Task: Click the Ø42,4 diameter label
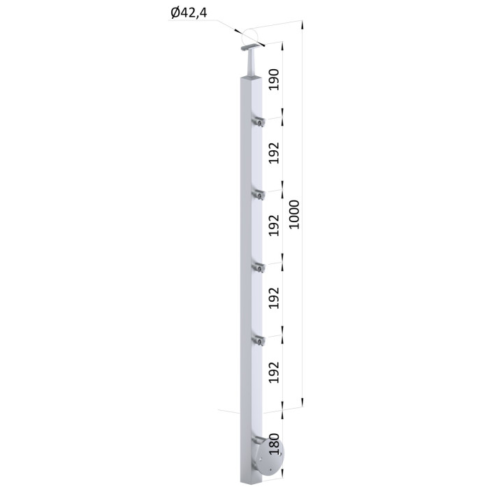189,13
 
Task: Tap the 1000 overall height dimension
294,214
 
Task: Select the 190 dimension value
274,80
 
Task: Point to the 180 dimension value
275,444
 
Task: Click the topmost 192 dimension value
274,153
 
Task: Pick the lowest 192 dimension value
274,372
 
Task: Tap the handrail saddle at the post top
251,48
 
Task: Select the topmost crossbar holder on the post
258,122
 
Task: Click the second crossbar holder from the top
258,194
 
